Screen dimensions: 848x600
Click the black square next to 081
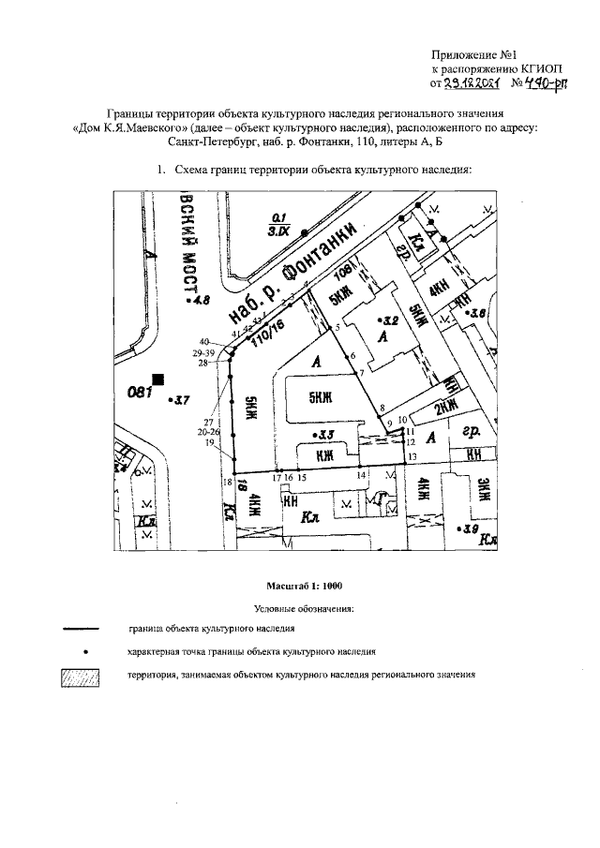158,379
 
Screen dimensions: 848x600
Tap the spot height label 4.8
202,302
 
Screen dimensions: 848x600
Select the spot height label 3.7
177,400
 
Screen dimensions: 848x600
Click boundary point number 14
361,476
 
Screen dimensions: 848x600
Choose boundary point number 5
337,327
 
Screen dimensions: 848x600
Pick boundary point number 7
361,373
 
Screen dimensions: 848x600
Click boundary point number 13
412,456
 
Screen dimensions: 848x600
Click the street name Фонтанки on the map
324,251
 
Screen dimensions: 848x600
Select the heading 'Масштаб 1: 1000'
305,587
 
